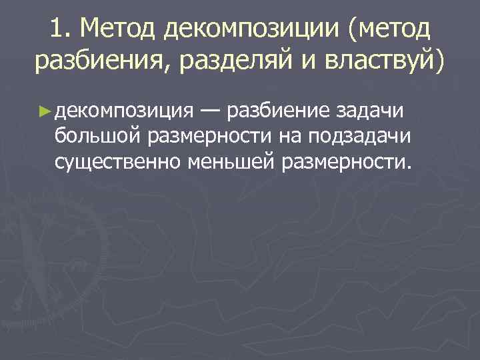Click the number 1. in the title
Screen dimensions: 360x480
point(60,30)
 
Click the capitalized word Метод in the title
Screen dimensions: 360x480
point(119,30)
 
